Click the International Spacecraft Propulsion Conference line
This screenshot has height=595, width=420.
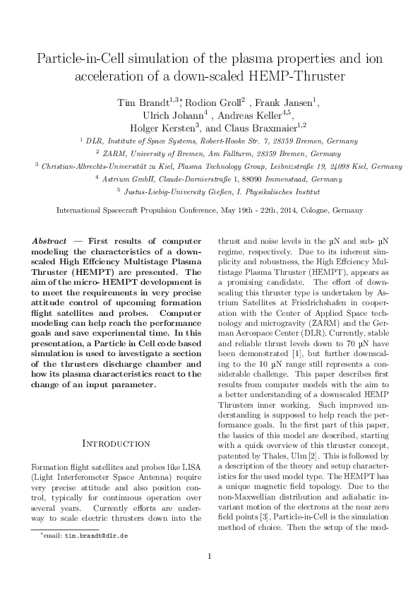210,210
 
